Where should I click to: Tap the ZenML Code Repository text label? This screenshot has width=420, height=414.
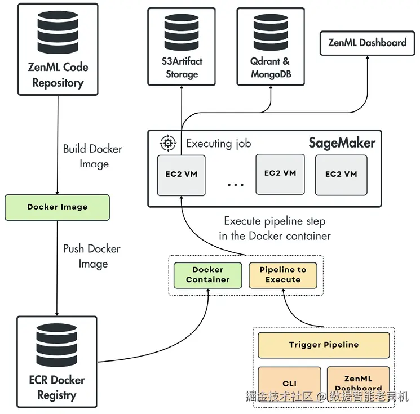pyautogui.click(x=58, y=75)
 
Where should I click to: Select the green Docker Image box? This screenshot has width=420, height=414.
pyautogui.click(x=57, y=207)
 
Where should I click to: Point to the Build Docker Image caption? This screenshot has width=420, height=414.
pyautogui.click(x=92, y=156)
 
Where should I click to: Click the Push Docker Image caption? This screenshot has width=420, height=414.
pyautogui.click(x=91, y=256)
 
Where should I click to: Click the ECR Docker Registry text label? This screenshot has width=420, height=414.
pyautogui.click(x=56, y=388)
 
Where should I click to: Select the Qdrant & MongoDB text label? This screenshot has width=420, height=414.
pyautogui.click(x=271, y=68)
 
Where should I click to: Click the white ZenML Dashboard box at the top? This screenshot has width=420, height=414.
pyautogui.click(x=367, y=43)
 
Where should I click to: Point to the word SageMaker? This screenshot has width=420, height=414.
pyautogui.click(x=342, y=143)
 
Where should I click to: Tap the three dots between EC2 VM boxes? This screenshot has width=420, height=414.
pyautogui.click(x=235, y=184)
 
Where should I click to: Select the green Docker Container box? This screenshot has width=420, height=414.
pyautogui.click(x=207, y=275)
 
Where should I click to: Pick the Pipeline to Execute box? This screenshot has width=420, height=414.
pyautogui.click(x=283, y=275)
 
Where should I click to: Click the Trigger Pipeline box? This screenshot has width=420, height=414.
pyautogui.click(x=324, y=345)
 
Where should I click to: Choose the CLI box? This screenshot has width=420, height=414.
pyautogui.click(x=289, y=384)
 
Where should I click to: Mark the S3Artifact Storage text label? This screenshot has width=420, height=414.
pyautogui.click(x=182, y=68)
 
